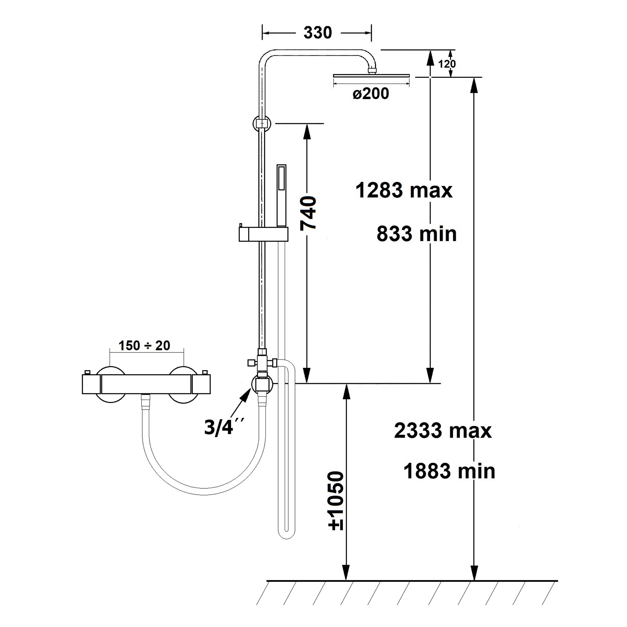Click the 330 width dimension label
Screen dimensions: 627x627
tap(318, 33)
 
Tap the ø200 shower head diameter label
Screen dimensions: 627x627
tap(371, 94)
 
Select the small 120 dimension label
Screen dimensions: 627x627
tap(447, 64)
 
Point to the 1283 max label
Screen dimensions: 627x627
tap(404, 191)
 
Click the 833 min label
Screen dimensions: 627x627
tap(417, 234)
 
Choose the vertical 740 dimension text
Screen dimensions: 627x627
tap(309, 213)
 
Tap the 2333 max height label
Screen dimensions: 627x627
tap(443, 431)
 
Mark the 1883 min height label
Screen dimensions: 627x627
tap(449, 471)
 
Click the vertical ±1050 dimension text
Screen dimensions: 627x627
tap(336, 501)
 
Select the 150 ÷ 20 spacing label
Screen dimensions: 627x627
tap(145, 346)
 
